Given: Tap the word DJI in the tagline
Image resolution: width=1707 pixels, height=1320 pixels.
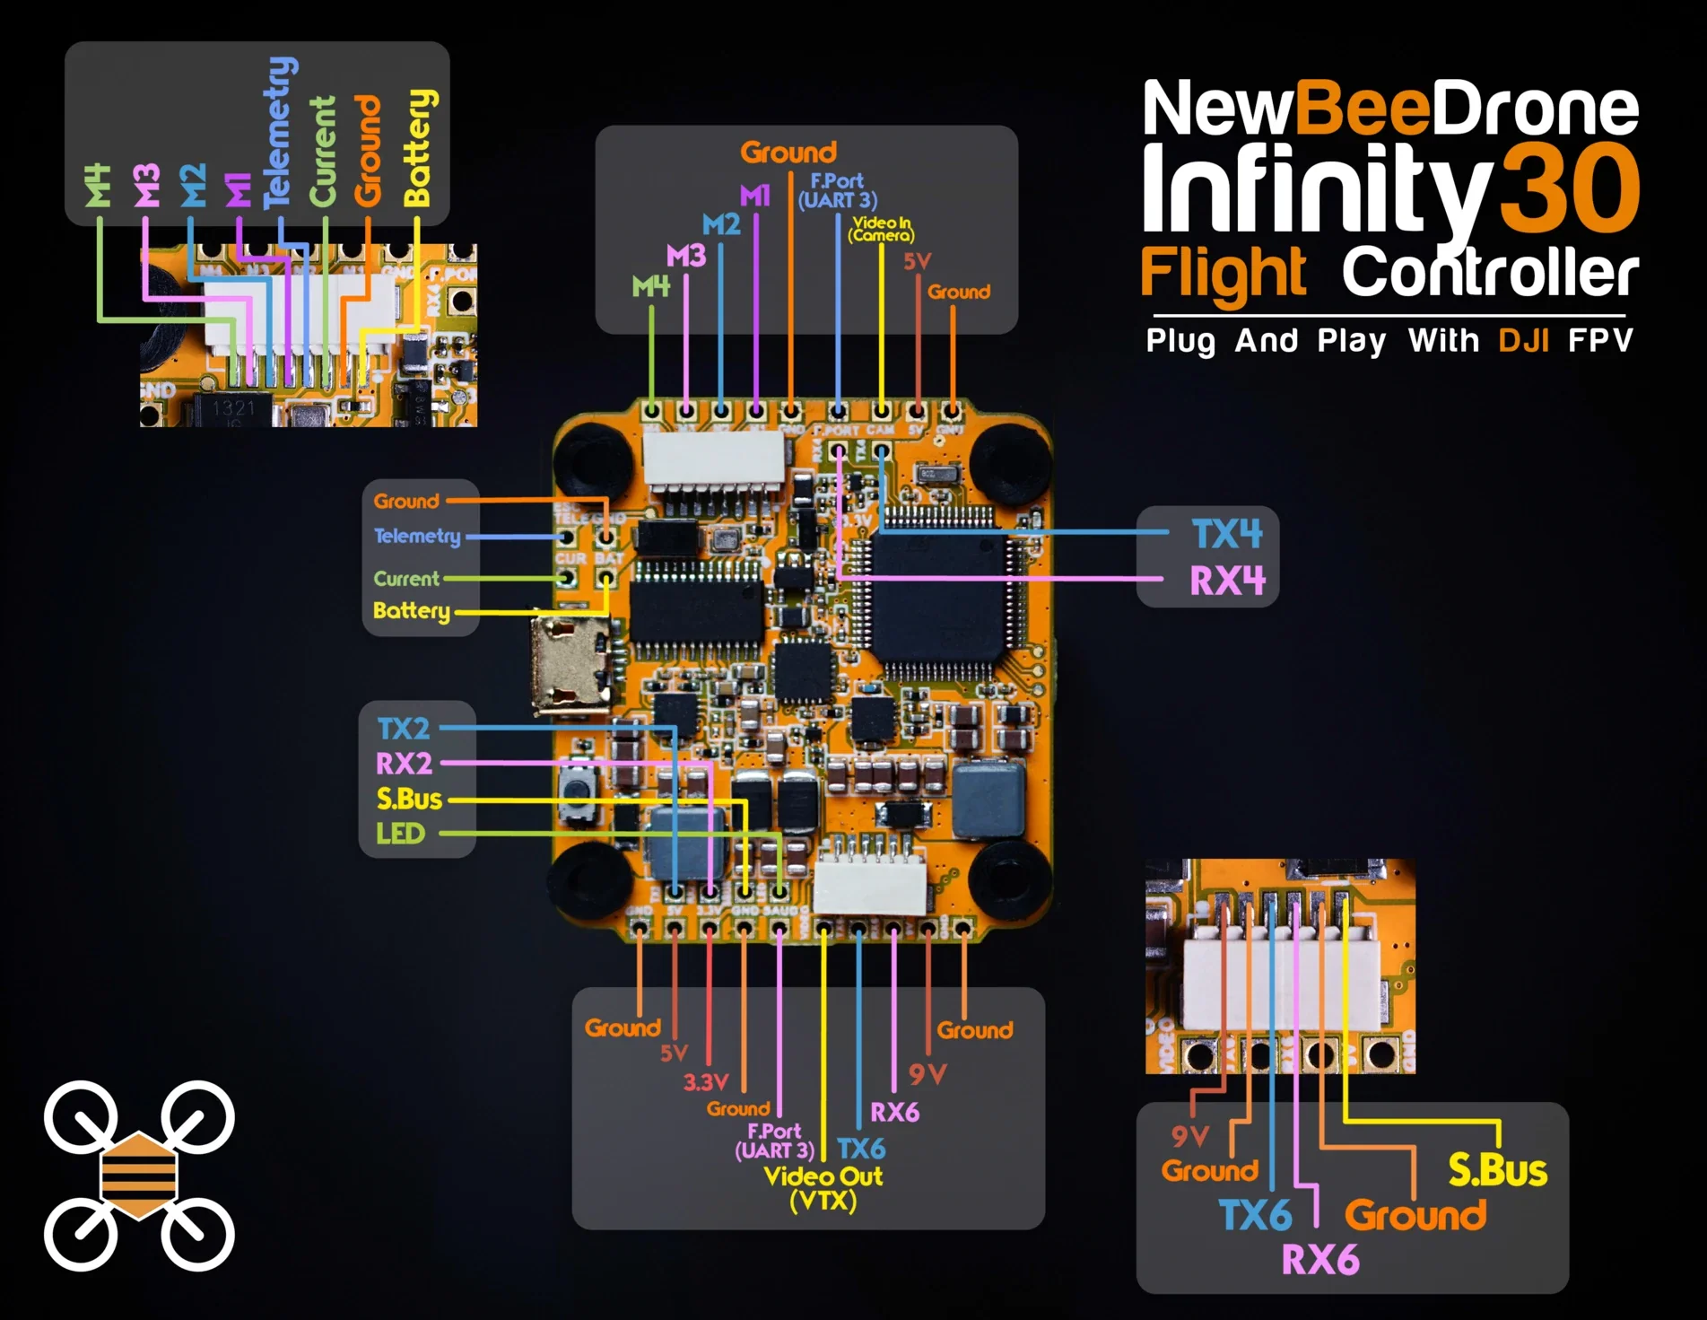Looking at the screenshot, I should tap(1523, 341).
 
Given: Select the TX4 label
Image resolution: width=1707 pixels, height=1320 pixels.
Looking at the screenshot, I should tap(1226, 535).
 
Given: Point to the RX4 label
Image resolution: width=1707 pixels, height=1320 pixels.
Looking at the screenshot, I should tap(1227, 581).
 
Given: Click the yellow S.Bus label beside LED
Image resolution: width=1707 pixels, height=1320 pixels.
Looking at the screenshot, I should tap(409, 799).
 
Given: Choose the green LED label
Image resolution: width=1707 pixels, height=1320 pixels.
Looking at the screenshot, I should tap(400, 834).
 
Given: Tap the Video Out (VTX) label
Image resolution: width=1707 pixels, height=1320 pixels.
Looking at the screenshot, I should tap(823, 1188).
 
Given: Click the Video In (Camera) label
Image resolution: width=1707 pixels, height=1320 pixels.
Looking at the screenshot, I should tap(882, 229).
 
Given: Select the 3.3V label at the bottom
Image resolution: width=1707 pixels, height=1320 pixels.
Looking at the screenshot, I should tap(706, 1082).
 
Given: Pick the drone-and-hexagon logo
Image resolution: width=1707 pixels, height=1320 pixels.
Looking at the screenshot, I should tap(139, 1176).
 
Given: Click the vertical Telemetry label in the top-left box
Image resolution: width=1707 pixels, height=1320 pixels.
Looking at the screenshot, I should tap(280, 132).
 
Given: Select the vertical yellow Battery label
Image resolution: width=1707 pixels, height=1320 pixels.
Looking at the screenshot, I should tap(418, 147).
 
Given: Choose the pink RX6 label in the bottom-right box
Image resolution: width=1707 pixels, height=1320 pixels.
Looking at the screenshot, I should tap(1319, 1260).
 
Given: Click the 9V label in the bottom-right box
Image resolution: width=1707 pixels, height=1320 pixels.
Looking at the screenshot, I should tap(1190, 1137).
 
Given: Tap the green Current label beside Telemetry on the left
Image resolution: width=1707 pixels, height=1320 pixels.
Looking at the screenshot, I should tap(406, 579).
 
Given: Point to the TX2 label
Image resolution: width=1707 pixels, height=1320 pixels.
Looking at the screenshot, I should tap(403, 729).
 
